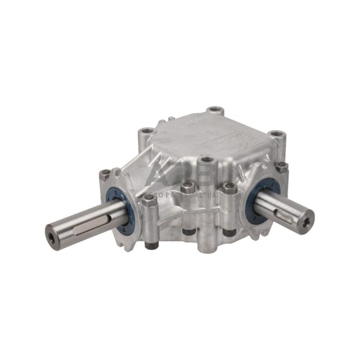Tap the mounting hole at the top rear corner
214,111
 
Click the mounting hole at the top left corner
145,131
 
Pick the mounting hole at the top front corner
207,160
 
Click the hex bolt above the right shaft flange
281,166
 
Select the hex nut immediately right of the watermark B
229,187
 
